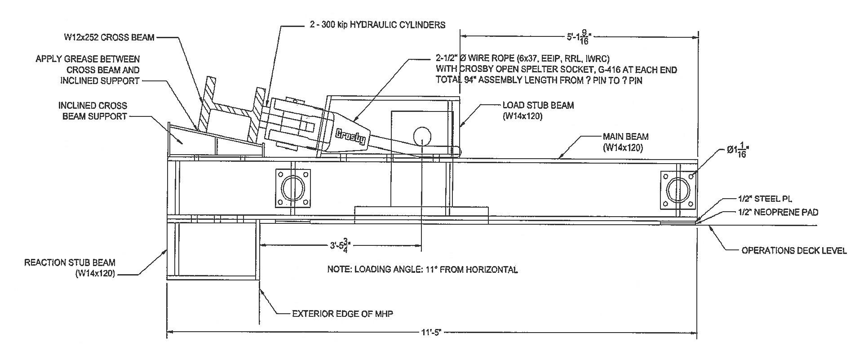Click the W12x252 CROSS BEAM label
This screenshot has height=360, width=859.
pos(109,38)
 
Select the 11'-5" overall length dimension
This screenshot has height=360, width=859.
pos(432,333)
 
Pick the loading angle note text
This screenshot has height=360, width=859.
pos(422,270)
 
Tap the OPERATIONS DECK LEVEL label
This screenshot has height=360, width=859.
pos(794,250)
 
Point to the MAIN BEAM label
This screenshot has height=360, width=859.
pos(625,142)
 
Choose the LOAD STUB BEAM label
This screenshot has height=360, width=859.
pos(538,111)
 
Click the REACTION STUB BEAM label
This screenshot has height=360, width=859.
pos(70,267)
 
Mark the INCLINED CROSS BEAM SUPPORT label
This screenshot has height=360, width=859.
pos(93,111)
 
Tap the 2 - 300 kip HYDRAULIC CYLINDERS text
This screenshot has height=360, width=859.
pos(377,25)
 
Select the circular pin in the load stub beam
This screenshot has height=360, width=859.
pos(422,136)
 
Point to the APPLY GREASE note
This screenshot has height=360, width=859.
pos(88,70)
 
